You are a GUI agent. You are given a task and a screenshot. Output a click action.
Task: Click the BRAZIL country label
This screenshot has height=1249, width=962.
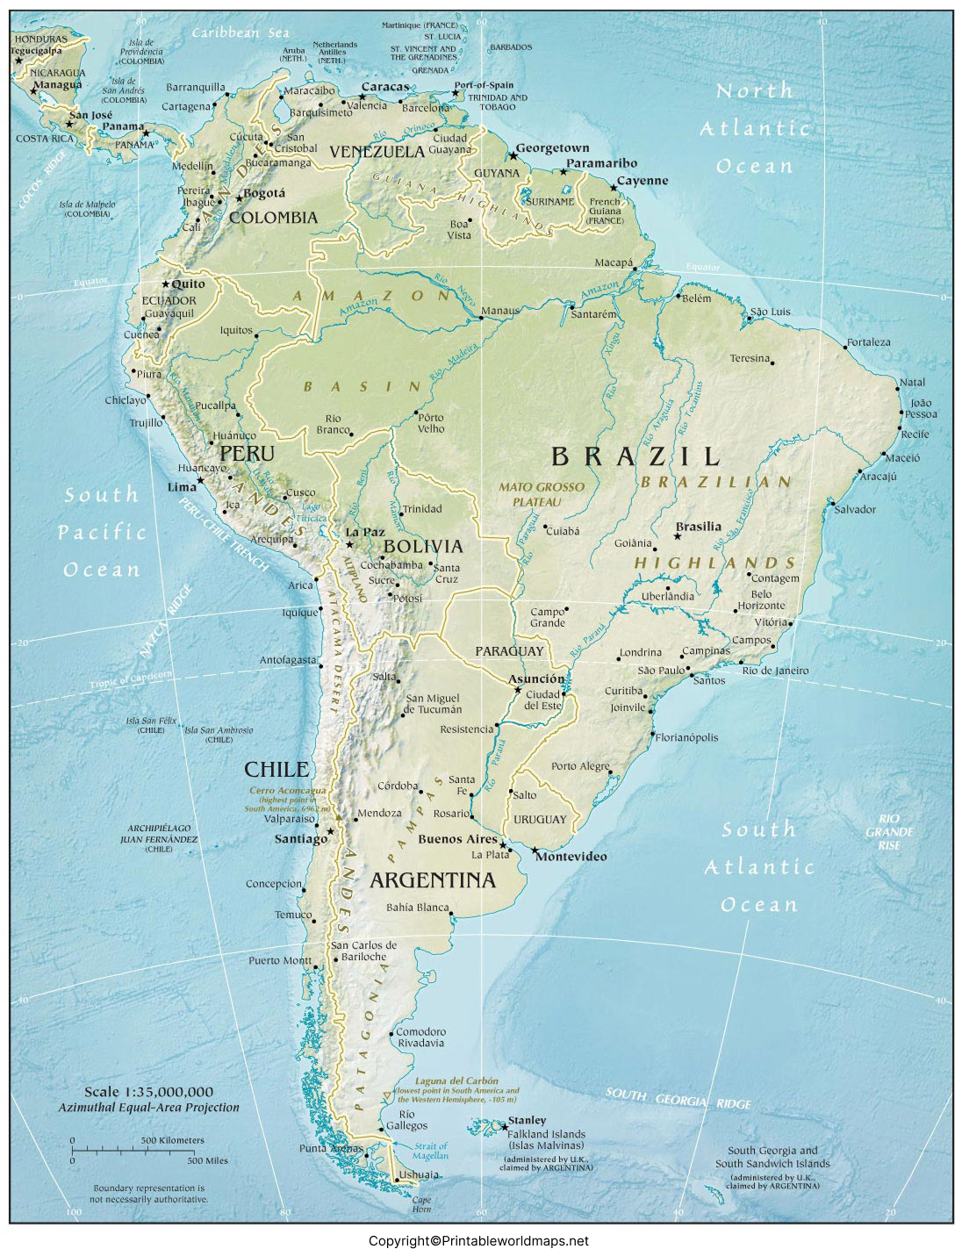click(635, 456)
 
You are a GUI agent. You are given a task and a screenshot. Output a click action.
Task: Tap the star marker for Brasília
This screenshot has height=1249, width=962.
click(678, 536)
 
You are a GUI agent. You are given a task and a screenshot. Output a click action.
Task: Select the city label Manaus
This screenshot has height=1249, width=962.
click(500, 311)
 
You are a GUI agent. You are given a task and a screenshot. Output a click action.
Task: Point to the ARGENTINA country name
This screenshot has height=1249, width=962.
click(433, 880)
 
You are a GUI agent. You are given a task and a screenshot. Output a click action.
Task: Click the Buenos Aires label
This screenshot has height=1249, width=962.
click(457, 839)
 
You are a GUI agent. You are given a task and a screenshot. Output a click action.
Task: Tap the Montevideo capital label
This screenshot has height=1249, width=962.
click(571, 857)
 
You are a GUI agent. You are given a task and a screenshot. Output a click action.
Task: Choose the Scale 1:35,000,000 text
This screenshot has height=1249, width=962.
click(148, 1092)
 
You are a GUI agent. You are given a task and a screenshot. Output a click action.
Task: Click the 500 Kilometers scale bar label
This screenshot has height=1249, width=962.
click(172, 1140)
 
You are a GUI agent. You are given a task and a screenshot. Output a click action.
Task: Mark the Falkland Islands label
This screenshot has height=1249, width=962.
click(545, 1134)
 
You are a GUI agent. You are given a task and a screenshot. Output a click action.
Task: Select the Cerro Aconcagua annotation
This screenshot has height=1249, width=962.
click(287, 791)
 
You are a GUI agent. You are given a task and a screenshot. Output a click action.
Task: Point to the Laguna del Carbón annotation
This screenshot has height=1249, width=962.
click(456, 1081)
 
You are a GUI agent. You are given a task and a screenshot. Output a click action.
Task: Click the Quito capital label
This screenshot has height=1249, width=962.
click(188, 284)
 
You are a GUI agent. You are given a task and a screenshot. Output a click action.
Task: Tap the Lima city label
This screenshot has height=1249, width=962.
click(182, 487)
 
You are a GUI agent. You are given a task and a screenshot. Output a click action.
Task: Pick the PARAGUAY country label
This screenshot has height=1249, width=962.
click(509, 651)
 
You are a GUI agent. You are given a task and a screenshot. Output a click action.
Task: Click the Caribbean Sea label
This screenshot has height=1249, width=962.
click(240, 33)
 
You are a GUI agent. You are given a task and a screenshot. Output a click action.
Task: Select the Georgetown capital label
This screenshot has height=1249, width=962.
click(552, 148)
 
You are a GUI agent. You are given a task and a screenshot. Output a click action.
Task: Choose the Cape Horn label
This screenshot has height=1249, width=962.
click(422, 1204)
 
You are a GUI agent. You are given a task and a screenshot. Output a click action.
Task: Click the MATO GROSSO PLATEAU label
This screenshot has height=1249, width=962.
click(541, 494)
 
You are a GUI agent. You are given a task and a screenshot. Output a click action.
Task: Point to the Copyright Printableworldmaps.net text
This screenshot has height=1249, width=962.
click(478, 1240)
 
